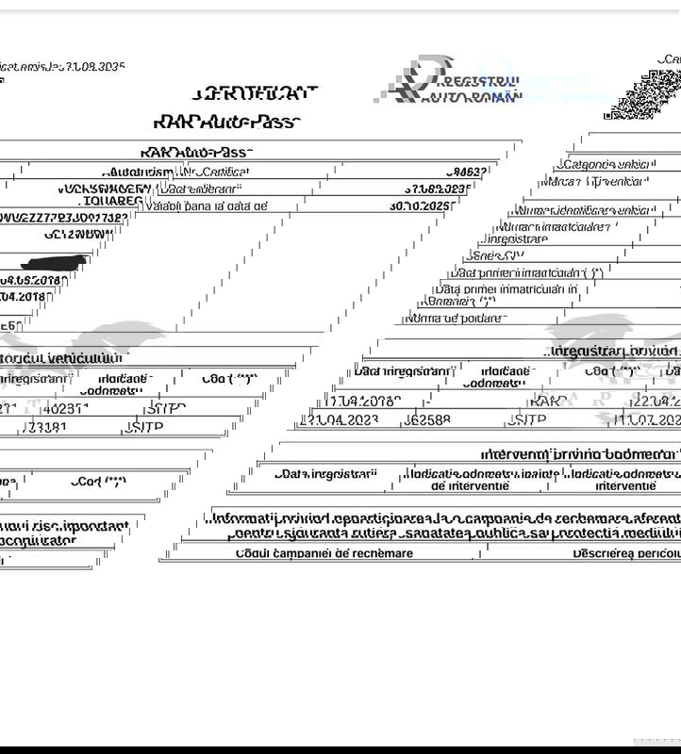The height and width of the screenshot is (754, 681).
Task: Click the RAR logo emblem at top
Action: (x=408, y=79)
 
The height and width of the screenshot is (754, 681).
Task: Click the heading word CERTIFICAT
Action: (x=254, y=93)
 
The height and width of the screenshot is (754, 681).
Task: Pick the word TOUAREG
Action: (x=112, y=201)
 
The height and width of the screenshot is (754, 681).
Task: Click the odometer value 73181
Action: (x=50, y=427)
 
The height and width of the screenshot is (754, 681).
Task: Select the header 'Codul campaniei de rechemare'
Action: (x=324, y=553)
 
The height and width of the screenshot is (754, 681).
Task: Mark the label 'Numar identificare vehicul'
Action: (x=583, y=210)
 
